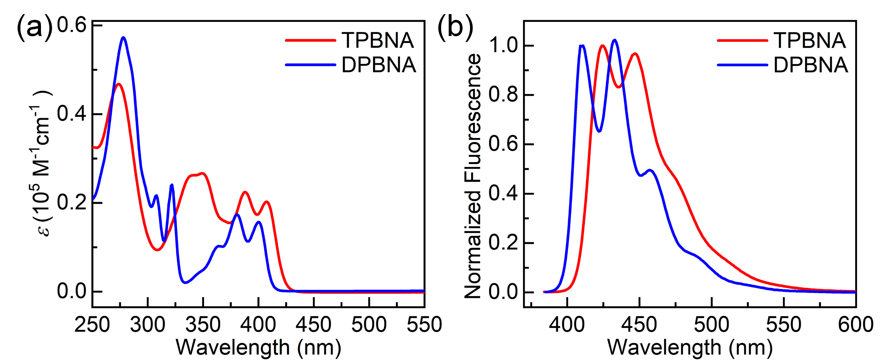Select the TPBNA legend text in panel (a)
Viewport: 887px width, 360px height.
378,40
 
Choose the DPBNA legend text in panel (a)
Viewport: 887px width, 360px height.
378,65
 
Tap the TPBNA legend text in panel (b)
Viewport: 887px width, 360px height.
809,40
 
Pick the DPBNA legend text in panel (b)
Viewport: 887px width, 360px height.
810,65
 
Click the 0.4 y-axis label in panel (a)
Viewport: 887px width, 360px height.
71,114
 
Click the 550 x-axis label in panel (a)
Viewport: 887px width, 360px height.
424,324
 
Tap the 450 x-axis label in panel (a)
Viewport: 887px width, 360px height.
313,324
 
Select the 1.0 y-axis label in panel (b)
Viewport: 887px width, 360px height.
503,45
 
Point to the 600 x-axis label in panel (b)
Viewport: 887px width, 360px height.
855,324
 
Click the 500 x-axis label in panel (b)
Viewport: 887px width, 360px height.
711,324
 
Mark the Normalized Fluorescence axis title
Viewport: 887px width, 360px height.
473,176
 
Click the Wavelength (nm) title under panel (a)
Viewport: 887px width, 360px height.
258,347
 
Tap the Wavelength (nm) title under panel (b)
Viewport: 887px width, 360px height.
690,347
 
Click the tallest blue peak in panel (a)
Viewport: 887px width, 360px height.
123,38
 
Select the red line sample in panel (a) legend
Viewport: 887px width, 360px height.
310,40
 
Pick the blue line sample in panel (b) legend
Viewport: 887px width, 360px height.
742,65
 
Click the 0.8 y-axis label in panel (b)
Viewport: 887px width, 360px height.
503,95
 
